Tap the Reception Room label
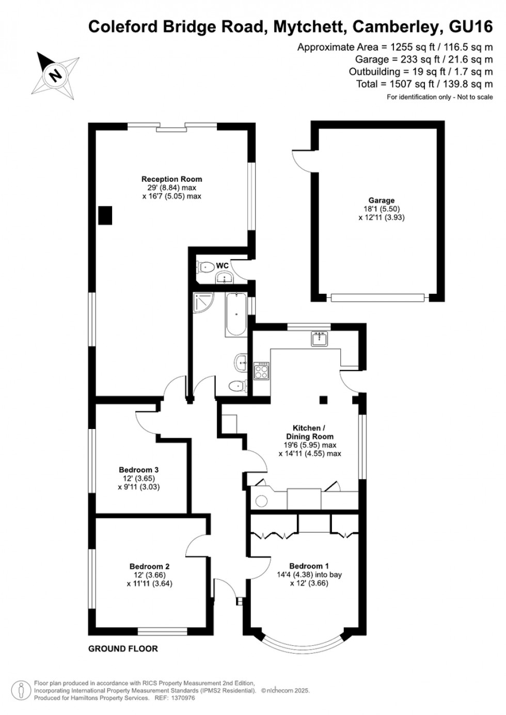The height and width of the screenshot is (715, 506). (171, 179)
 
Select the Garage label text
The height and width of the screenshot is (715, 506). (382, 200)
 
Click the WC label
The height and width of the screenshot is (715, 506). (222, 265)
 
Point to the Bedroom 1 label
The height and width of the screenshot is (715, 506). (309, 566)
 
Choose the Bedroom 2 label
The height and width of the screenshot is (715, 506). (149, 566)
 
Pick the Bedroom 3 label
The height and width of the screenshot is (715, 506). (138, 470)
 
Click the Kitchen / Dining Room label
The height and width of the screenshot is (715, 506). (309, 432)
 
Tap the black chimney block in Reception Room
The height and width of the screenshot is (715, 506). (105, 215)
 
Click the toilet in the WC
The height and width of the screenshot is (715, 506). (205, 267)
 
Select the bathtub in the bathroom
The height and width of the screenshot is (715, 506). (236, 314)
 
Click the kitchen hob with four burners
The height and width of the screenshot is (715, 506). (261, 371)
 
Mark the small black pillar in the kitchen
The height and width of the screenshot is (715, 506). (323, 399)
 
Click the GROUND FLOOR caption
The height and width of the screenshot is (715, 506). (123, 648)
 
